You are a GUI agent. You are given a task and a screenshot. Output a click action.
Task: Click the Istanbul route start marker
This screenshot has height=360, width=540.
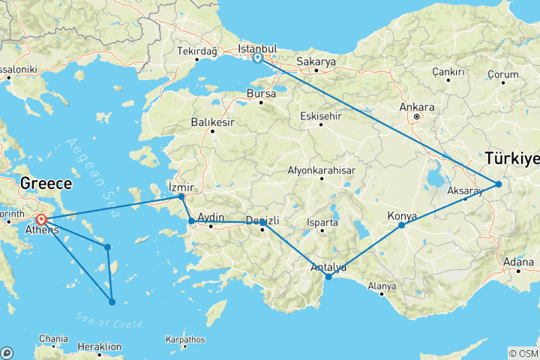[257, 58]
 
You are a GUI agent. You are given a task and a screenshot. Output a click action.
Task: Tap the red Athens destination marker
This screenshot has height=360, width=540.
[41, 220]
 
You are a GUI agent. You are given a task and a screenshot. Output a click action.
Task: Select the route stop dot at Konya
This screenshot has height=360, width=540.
[402, 225]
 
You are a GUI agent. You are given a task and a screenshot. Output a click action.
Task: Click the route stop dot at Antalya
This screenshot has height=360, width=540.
[328, 277]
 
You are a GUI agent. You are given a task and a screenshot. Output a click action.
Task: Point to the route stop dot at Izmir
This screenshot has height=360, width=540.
[181, 196]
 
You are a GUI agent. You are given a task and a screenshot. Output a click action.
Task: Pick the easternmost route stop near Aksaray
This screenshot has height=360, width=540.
[498, 184]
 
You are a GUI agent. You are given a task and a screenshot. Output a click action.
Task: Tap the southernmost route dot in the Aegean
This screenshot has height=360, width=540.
[112, 302]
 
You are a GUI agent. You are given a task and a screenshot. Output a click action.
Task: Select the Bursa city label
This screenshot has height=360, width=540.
[261, 94]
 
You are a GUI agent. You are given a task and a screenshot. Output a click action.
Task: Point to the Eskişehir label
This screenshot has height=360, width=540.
[320, 116]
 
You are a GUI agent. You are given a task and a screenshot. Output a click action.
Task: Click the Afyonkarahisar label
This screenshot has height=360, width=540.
[321, 170]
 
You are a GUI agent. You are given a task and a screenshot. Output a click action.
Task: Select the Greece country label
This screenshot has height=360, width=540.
[46, 184]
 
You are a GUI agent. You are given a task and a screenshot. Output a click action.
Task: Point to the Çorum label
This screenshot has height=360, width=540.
[502, 74]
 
